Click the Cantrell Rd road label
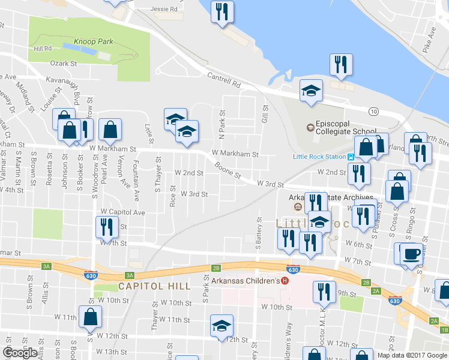point(223,80)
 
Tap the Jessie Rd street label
point(164,9)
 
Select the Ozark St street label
point(65,63)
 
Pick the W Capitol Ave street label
point(122,212)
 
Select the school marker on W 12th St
point(221,325)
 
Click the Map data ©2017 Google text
point(411,355)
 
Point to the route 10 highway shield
point(373,112)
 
